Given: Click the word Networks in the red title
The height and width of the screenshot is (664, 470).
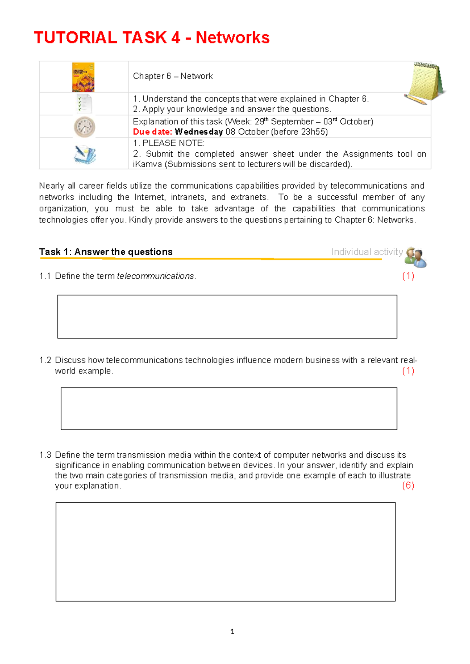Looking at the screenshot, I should (232, 38).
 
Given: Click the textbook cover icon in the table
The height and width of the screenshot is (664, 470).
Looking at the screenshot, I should (83, 77).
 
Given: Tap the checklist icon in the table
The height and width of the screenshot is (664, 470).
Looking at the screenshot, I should (84, 104).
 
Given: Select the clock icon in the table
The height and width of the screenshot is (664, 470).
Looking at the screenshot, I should (84, 127).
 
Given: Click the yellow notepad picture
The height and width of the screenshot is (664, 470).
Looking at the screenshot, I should (425, 83).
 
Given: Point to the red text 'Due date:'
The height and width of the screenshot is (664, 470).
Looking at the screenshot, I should (152, 132).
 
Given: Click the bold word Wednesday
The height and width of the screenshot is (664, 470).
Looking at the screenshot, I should (199, 132).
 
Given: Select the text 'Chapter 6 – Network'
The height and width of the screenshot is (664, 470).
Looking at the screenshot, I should (173, 76).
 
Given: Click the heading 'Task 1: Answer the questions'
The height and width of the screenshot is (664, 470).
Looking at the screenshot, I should (106, 252).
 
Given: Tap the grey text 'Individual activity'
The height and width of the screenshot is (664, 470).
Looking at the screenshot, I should (367, 252).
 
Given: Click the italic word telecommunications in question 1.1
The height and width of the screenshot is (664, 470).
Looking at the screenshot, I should (155, 276).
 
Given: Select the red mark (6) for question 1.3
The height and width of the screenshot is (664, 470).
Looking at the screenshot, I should (408, 485).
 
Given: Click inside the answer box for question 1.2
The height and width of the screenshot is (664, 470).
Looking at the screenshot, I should (229, 408).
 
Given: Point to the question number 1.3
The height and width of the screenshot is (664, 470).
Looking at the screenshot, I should (45, 455).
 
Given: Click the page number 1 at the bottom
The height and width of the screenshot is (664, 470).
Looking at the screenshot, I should (233, 632).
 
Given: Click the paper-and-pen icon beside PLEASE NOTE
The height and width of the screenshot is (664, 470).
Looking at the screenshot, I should (85, 154).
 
